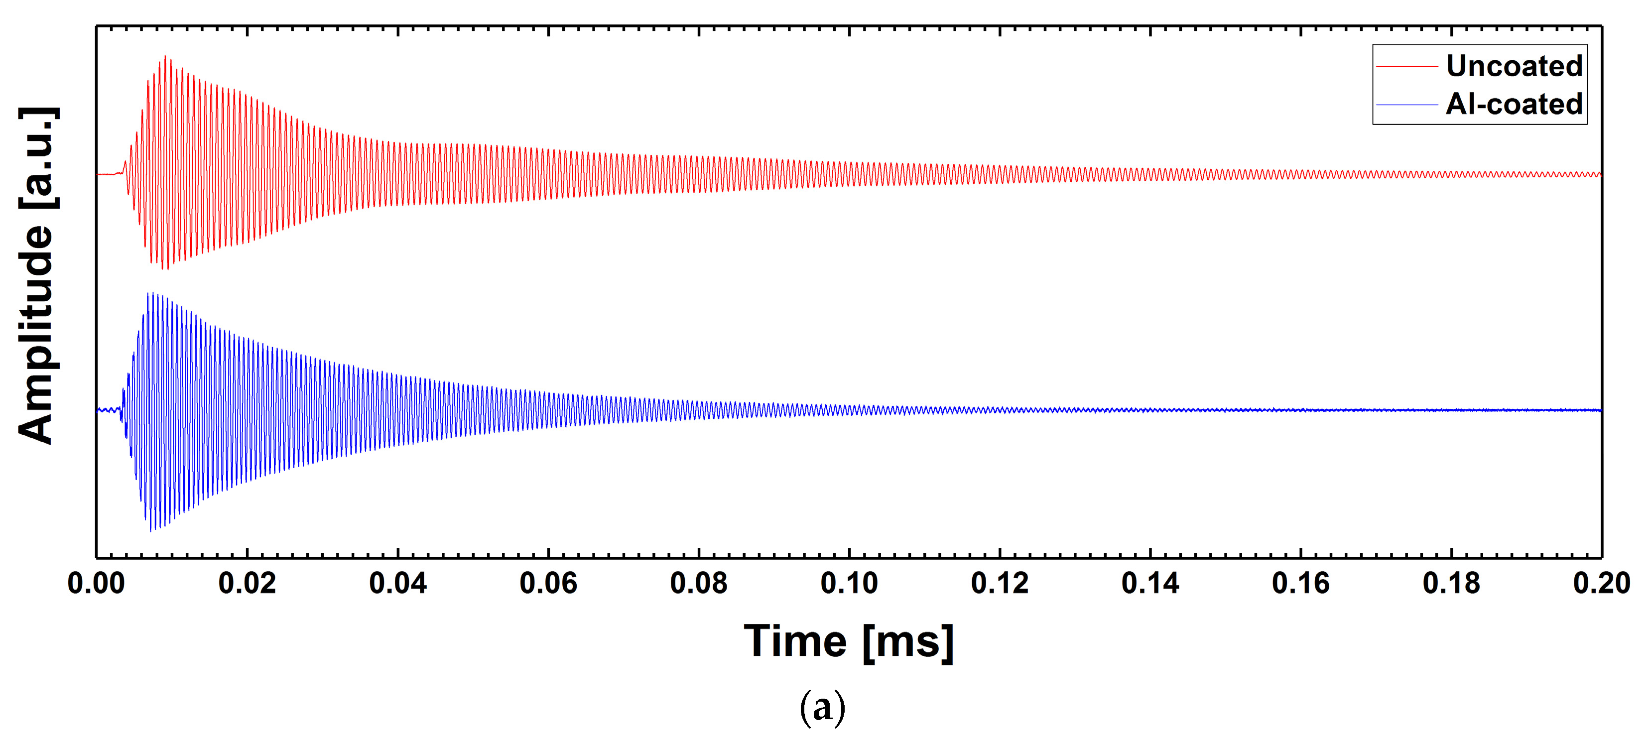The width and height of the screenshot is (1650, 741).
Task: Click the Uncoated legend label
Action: coord(1514,66)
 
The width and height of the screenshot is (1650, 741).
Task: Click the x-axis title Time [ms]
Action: coord(849,642)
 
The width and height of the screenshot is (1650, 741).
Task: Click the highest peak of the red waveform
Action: coord(166,56)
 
